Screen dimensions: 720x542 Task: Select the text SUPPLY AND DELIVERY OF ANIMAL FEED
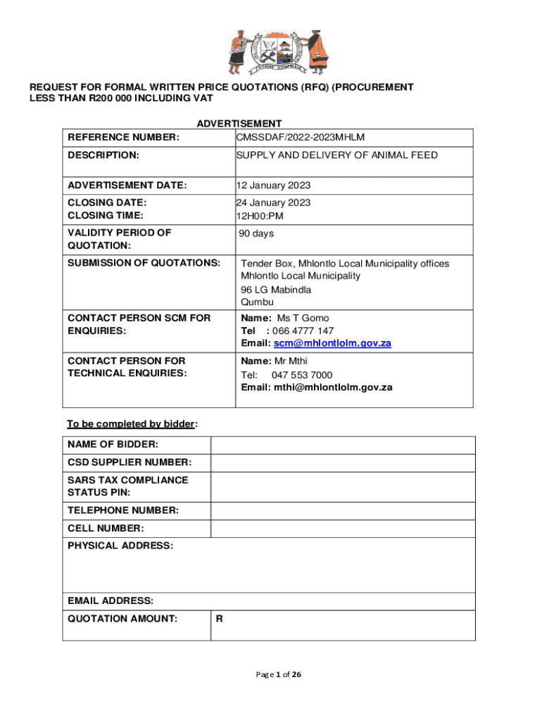tap(336, 155)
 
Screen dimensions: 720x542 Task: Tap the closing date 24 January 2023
tap(273, 202)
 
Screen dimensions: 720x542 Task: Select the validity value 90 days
tap(256, 233)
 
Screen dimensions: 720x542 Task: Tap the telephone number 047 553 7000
tap(302, 375)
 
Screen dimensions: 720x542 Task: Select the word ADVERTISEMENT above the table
tap(239, 124)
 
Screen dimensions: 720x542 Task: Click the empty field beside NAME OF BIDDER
tap(343, 445)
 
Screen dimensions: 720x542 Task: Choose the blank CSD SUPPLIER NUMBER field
tap(343, 463)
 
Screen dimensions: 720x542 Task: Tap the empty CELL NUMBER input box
tap(343, 529)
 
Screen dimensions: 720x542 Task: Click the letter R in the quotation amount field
tap(220, 619)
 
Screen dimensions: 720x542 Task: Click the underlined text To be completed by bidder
tap(130, 424)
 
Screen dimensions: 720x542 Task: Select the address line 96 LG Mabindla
tap(276, 290)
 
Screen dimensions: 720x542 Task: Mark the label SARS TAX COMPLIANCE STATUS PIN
tap(128, 487)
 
